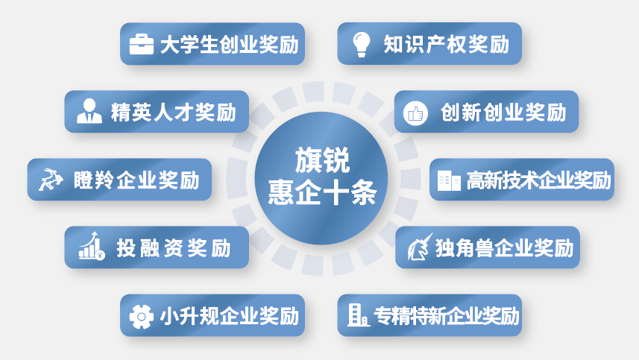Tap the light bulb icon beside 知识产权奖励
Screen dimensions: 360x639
pos(362,44)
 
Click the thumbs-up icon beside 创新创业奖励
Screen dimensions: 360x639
pos(415,113)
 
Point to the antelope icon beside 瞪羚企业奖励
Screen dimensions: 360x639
pos(52,180)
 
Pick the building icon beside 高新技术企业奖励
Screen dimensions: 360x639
pos(449,180)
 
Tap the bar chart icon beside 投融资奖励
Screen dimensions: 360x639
pos(92,246)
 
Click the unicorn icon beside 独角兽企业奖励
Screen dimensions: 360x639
pos(419,247)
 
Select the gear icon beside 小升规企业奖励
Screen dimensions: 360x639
pos(141,315)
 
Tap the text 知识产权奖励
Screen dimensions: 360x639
pos(445,44)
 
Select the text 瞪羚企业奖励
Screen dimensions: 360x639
pos(136,180)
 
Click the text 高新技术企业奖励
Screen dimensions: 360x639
pos(538,180)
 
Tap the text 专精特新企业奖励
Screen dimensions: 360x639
pos(447,315)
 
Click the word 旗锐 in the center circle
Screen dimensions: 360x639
pos(321,162)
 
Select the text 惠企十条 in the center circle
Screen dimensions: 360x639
pos(321,195)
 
